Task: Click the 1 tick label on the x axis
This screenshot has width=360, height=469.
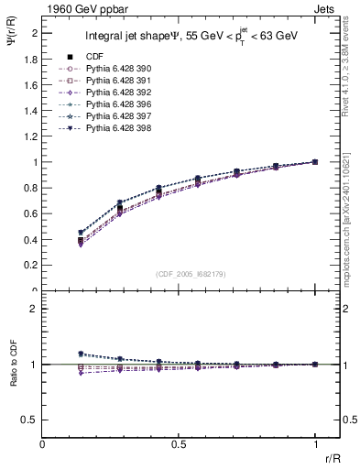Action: [315, 444]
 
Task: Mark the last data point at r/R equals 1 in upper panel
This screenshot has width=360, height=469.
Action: [315, 162]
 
